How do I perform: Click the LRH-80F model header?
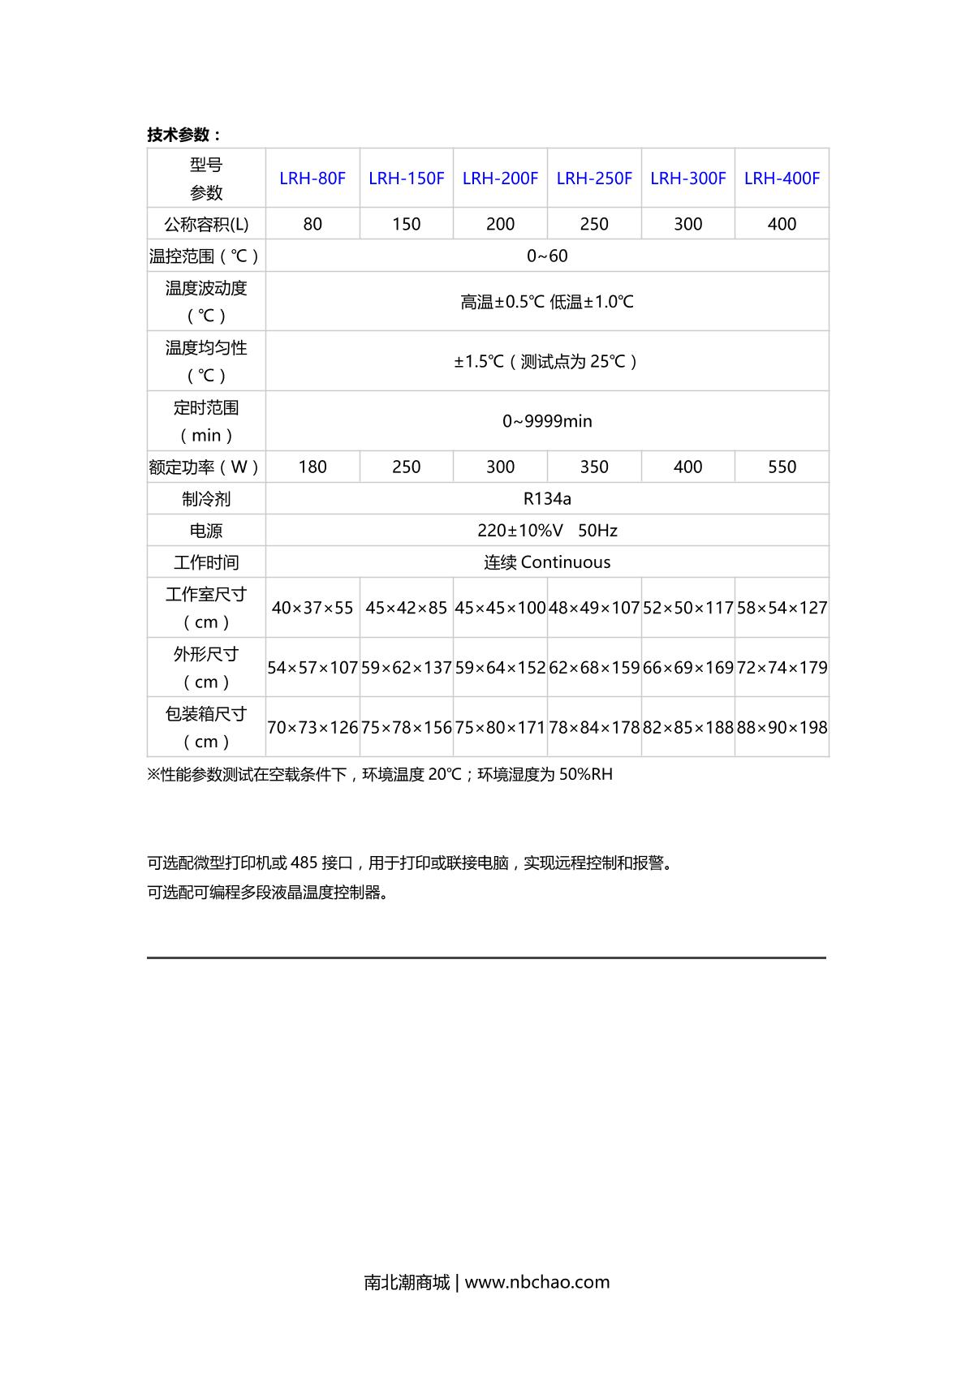[x=312, y=179]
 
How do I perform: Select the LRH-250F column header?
[x=594, y=179]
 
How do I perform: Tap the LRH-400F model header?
[x=782, y=179]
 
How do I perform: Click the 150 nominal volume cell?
[x=406, y=224]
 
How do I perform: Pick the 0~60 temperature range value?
[x=547, y=256]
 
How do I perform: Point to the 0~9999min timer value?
[x=547, y=421]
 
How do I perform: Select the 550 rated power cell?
[x=782, y=467]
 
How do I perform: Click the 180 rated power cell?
[x=312, y=467]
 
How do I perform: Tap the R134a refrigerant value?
[x=547, y=499]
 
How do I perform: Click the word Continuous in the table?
[x=566, y=562]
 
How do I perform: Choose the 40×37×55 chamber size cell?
[x=312, y=608]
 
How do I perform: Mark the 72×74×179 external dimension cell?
[x=782, y=668]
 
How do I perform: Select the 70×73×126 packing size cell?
[x=312, y=728]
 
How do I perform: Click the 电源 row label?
[x=206, y=531]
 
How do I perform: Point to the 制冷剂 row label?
[x=206, y=499]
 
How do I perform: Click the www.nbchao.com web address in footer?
[x=537, y=1282]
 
